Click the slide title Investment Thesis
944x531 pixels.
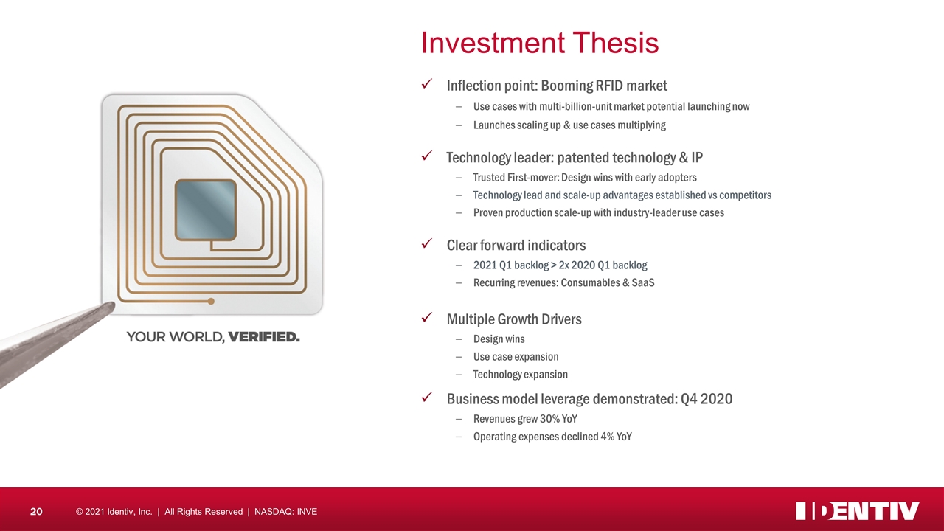(540, 43)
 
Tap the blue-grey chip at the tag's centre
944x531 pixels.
(206, 210)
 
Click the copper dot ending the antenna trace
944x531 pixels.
(211, 302)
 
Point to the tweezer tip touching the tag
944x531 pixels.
(111, 306)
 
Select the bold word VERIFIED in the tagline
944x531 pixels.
(264, 337)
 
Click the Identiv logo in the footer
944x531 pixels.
(857, 511)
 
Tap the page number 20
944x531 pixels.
(36, 512)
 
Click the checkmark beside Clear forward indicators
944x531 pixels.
(427, 243)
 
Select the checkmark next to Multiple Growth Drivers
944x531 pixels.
(427, 317)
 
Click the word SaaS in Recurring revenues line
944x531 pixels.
(643, 282)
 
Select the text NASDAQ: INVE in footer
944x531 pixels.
(285, 512)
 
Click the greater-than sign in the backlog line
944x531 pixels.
(554, 265)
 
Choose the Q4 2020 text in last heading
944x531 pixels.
(707, 399)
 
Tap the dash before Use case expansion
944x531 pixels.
(459, 357)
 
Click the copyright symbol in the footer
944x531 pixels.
(79, 512)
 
